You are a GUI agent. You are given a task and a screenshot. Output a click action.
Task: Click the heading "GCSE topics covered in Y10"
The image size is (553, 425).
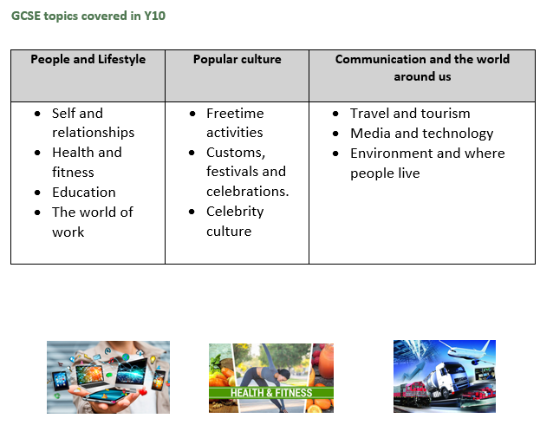pyautogui.click(x=88, y=16)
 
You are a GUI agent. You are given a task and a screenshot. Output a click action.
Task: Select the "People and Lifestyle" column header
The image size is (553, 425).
pyautogui.click(x=88, y=59)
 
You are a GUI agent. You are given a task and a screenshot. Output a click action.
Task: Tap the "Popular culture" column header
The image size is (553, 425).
pyautogui.click(x=237, y=59)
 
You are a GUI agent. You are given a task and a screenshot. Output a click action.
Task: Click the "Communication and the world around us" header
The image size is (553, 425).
pyautogui.click(x=422, y=68)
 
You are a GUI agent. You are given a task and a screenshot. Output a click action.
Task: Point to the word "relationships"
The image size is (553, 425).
pyautogui.click(x=94, y=133)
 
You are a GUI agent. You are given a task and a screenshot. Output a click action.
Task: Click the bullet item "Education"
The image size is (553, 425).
pyautogui.click(x=84, y=193)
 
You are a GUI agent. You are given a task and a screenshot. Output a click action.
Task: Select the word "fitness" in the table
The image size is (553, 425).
pyautogui.click(x=73, y=173)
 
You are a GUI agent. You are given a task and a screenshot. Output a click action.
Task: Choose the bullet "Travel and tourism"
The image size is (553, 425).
pyautogui.click(x=410, y=114)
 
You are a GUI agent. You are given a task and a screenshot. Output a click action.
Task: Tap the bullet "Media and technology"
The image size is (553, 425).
pyautogui.click(x=422, y=134)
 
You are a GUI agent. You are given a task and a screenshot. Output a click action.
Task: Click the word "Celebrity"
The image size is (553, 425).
pyautogui.click(x=235, y=212)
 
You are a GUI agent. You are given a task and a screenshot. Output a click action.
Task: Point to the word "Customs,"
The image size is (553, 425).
pyautogui.click(x=236, y=153)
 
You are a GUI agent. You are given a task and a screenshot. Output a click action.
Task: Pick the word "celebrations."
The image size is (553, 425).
pyautogui.click(x=248, y=192)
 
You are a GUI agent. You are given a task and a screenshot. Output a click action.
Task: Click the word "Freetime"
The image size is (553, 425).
pyautogui.click(x=235, y=114)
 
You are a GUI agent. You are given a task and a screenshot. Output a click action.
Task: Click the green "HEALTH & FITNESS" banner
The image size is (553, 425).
pyautogui.click(x=271, y=393)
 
